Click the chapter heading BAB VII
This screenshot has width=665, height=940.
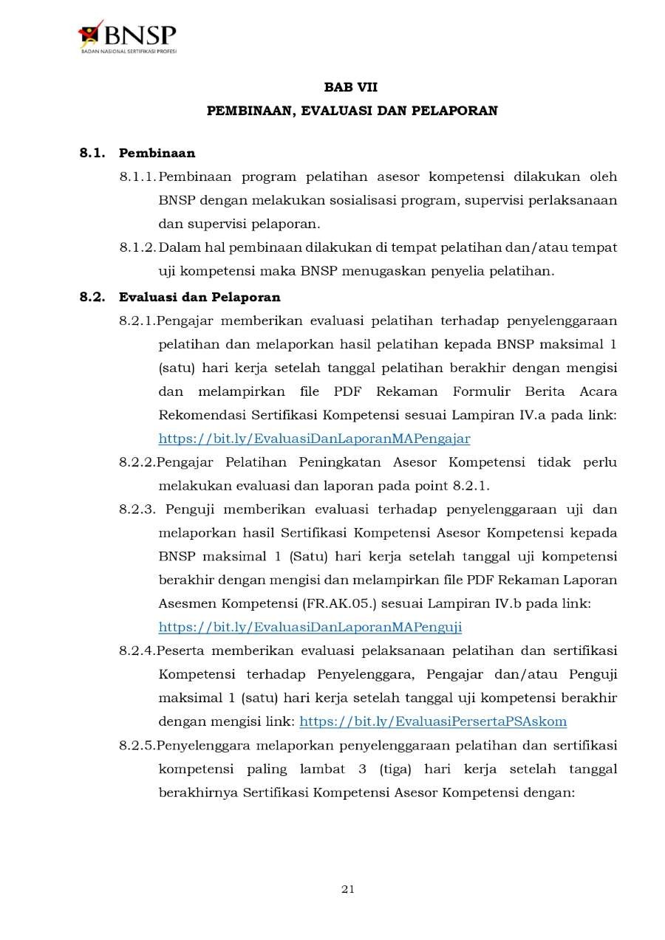[351, 87]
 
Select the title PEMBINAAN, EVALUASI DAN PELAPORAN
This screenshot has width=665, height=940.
[352, 111]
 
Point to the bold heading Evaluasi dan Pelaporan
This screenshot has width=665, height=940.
[199, 298]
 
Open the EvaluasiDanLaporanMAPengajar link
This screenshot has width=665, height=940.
[314, 439]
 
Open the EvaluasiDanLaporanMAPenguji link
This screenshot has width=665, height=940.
[310, 627]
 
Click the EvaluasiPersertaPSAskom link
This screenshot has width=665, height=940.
[433, 721]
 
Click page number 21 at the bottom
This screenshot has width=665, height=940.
[348, 889]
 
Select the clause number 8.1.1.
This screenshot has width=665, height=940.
[137, 177]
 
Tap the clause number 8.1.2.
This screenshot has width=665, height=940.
[137, 247]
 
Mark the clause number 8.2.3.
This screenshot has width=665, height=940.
[137, 510]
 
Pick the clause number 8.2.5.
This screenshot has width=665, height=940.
[137, 745]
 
